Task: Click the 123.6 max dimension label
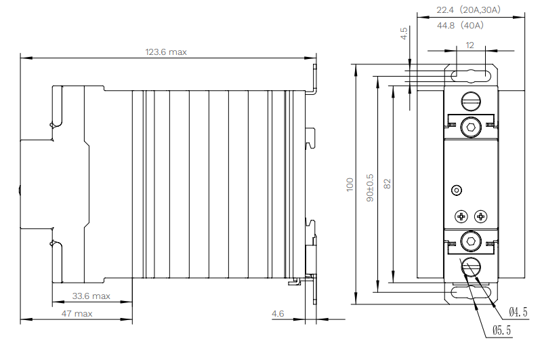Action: click(x=166, y=52)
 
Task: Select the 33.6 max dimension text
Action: click(x=91, y=296)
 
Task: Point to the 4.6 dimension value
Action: click(x=278, y=313)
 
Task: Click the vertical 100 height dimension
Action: click(x=350, y=184)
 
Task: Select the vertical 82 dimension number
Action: click(x=388, y=184)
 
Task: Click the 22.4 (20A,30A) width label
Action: click(x=468, y=10)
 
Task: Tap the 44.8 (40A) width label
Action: click(x=460, y=26)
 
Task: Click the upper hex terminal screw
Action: click(x=470, y=127)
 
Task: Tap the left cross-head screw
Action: click(x=461, y=216)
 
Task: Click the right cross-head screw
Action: click(x=480, y=216)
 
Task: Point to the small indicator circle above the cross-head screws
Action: click(x=457, y=190)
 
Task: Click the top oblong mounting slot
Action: click(x=471, y=75)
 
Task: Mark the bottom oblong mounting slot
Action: click(x=471, y=293)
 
